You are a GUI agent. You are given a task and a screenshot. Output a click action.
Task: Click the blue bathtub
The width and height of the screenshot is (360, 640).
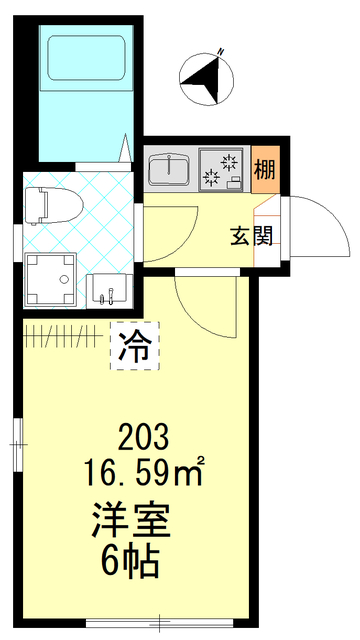tap(85, 90)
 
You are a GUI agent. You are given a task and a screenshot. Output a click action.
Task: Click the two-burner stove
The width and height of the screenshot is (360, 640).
tap(221, 167)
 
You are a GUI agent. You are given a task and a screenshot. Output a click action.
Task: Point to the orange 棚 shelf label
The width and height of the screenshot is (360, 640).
tap(265, 167)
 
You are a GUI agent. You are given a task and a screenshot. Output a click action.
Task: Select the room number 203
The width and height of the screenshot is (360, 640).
tap(143, 437)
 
